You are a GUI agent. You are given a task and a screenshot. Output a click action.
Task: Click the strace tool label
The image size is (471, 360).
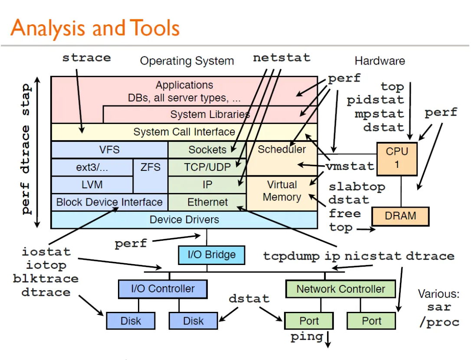[86, 58]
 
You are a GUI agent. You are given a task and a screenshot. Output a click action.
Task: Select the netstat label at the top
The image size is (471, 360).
[282, 58]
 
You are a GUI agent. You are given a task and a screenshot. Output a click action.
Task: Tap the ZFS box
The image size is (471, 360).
[150, 167]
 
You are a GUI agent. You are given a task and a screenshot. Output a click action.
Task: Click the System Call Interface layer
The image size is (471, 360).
[184, 132]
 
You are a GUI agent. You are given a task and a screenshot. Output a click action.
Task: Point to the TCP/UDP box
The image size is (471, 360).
[207, 167]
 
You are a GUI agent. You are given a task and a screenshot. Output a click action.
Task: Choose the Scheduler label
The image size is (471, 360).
[281, 150]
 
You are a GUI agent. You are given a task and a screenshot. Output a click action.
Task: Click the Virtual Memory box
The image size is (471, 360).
[282, 191]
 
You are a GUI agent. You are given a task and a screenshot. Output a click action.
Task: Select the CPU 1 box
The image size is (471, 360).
[397, 158]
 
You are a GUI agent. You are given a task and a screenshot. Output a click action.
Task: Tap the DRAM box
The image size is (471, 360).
[400, 216]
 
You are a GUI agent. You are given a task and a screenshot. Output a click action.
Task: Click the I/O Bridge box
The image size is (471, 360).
[211, 255]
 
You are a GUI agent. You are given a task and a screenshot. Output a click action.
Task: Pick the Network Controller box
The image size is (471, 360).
[340, 289]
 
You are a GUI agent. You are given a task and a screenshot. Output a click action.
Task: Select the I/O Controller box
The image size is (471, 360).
[163, 289]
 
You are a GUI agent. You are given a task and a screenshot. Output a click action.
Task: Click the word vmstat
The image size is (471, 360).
[350, 166]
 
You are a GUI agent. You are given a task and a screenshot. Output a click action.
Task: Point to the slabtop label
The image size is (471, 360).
[357, 187]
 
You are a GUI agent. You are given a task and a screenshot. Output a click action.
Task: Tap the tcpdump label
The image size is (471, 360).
[291, 256]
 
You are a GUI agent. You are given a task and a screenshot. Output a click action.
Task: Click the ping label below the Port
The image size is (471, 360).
[307, 337]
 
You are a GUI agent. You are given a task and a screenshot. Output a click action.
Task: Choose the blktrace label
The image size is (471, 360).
[46, 278]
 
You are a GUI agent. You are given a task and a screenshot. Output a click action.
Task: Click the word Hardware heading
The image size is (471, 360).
[379, 61]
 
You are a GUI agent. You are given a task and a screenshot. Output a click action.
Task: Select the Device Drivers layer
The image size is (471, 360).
[184, 219]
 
